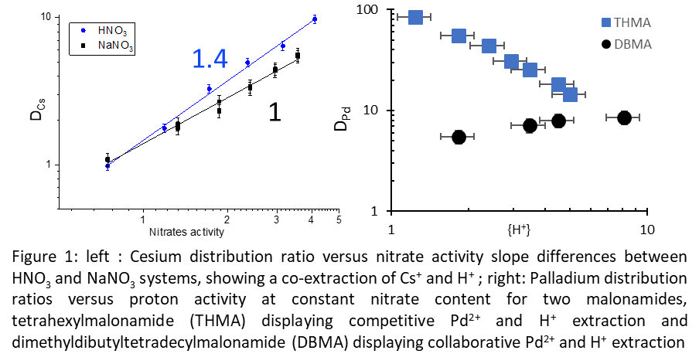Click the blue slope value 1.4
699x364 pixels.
click(x=210, y=59)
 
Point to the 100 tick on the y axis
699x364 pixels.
click(x=373, y=11)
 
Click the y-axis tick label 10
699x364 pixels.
click(x=377, y=111)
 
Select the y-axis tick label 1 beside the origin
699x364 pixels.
click(x=380, y=211)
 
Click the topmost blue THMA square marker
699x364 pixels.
click(x=414, y=17)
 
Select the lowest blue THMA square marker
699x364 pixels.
click(x=570, y=94)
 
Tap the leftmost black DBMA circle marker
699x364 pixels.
click(x=458, y=137)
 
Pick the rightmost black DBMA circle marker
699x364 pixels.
click(x=624, y=117)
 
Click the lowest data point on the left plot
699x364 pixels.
click(x=107, y=166)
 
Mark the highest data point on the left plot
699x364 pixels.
click(x=315, y=19)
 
